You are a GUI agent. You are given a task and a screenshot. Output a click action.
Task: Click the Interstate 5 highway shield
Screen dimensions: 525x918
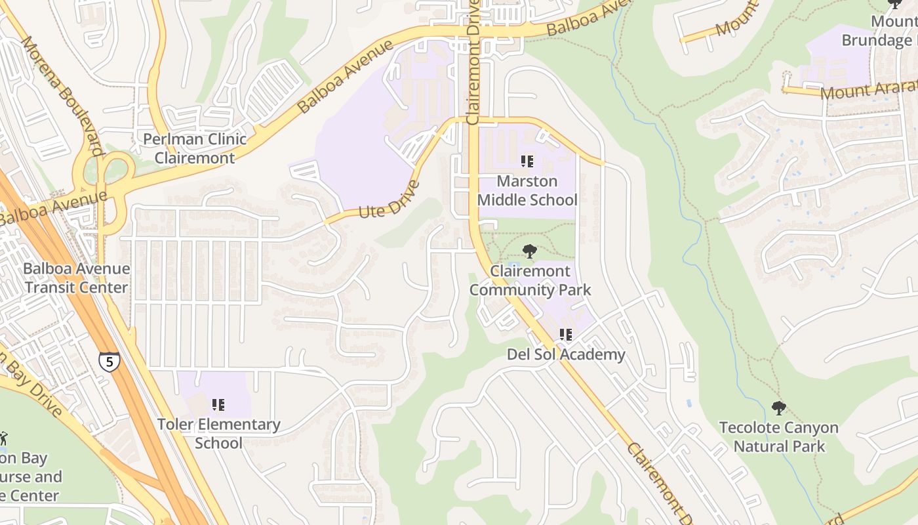(110, 361)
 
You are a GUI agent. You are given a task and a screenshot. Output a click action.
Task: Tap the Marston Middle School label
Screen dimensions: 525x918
(527, 190)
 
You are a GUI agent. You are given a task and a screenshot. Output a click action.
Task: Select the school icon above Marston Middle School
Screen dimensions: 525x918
(527, 161)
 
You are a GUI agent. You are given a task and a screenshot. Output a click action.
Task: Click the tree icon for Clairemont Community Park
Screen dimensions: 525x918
(530, 251)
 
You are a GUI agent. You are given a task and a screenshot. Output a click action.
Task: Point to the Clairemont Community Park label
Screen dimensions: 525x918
(530, 280)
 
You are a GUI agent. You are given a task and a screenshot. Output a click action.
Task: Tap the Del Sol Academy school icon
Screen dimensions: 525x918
(566, 335)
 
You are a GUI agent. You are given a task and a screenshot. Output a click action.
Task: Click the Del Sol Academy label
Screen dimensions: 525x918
(566, 355)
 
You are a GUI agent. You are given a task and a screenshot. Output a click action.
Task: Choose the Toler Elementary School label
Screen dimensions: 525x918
(218, 433)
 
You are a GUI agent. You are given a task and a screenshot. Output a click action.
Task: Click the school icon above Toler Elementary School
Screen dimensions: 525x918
(218, 405)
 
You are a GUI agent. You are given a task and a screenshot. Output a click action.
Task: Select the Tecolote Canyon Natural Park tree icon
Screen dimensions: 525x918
(778, 408)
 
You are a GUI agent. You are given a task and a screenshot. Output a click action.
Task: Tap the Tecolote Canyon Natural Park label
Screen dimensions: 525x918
(778, 437)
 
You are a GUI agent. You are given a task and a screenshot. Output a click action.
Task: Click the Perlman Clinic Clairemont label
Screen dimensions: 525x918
(195, 148)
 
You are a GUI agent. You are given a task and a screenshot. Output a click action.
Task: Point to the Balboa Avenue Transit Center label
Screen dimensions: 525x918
(76, 278)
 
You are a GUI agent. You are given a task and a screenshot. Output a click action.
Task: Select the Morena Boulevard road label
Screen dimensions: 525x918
(62, 95)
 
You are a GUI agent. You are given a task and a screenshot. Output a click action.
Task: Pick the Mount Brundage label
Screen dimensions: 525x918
(879, 31)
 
